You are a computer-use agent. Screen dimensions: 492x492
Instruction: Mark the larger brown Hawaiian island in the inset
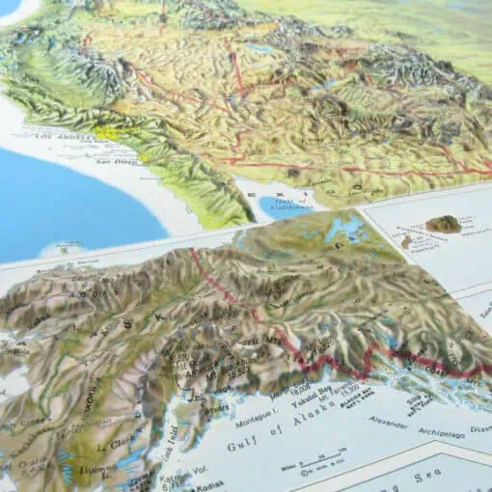[443, 224]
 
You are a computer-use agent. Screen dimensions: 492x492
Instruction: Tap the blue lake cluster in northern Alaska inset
[343, 231]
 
